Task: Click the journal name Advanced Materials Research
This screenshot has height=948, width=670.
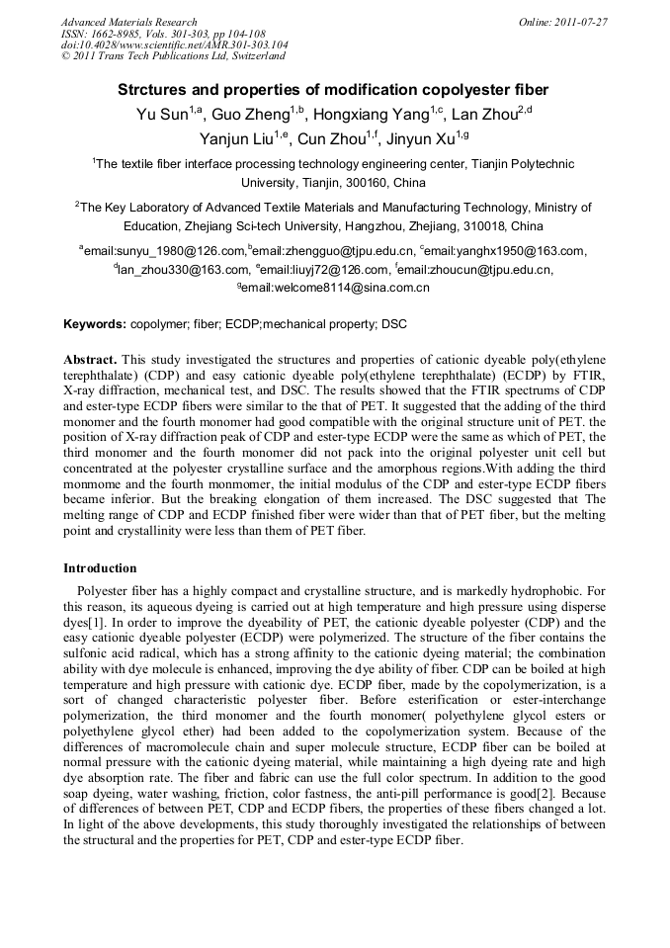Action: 128,22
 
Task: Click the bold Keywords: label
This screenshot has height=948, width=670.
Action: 95,324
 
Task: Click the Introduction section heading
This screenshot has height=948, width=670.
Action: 100,568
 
